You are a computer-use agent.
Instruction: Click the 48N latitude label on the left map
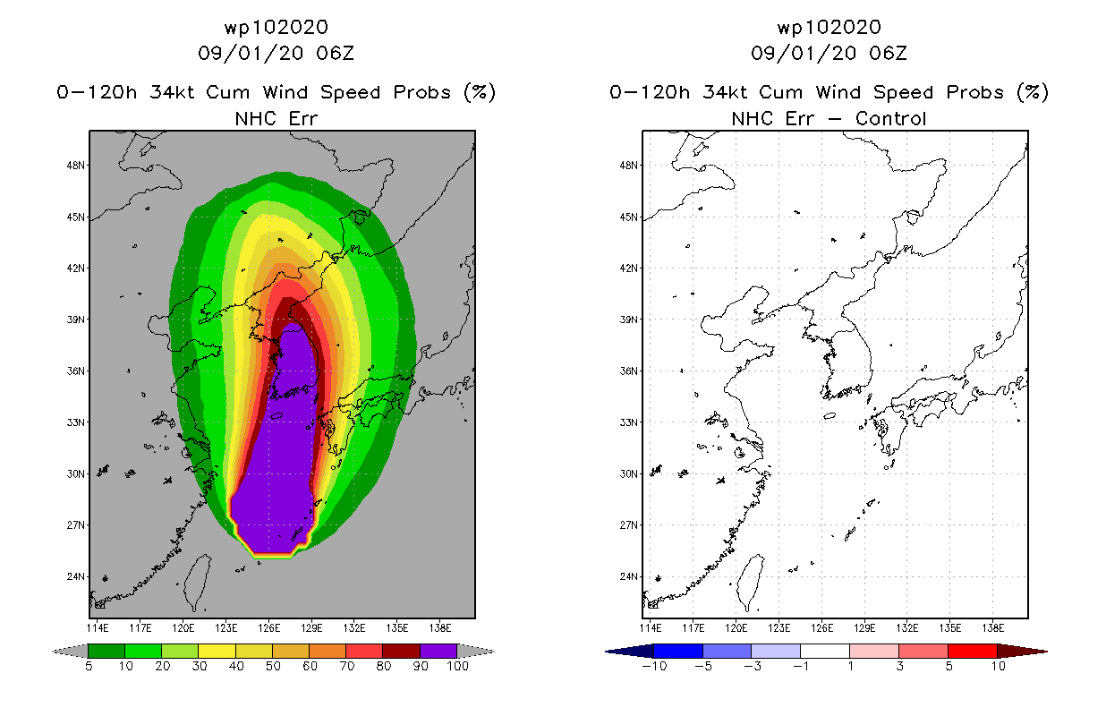[x=75, y=165]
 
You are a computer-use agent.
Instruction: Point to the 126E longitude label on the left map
[x=268, y=628]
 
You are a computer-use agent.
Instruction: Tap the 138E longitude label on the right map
[x=993, y=628]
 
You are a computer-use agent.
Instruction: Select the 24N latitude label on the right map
[x=628, y=576]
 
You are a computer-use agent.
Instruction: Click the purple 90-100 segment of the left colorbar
[x=438, y=651]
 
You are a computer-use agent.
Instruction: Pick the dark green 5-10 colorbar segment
[x=106, y=651]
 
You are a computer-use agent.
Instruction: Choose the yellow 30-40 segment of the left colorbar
[x=217, y=651]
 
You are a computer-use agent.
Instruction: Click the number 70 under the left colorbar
[x=346, y=666]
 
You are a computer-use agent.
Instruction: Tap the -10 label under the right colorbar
[x=654, y=666]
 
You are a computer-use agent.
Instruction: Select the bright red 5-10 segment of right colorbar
[x=973, y=651]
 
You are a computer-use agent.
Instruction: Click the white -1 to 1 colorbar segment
[x=825, y=651]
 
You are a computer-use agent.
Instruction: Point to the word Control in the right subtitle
[x=890, y=119]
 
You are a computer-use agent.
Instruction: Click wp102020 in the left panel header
[x=276, y=28]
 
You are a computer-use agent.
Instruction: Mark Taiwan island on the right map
[x=750, y=583]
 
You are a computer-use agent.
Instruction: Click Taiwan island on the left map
[x=197, y=583]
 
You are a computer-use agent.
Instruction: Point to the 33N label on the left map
[x=75, y=422]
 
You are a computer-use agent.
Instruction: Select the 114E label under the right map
[x=651, y=628]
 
